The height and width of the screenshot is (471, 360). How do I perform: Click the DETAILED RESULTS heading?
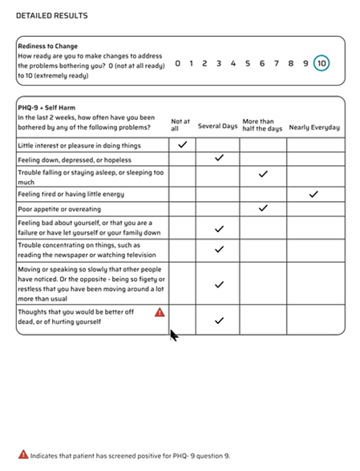tap(52, 16)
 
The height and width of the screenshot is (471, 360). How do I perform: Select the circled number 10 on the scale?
tap(322, 63)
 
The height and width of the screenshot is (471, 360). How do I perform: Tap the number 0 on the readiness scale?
tap(177, 63)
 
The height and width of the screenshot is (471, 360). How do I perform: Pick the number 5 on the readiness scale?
tap(248, 63)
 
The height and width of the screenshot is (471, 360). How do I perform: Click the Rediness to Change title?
tap(48, 46)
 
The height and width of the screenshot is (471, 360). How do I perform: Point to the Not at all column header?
tap(180, 126)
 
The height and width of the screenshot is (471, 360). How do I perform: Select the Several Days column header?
tap(218, 127)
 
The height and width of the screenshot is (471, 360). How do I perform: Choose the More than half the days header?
tap(262, 126)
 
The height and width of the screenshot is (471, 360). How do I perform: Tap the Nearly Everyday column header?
tap(314, 127)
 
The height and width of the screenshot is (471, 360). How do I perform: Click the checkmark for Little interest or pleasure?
tap(182, 145)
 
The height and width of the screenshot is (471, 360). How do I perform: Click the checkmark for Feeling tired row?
tap(313, 194)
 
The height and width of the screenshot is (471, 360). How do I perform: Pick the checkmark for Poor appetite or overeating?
tap(263, 208)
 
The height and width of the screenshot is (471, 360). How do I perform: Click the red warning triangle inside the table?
tap(160, 312)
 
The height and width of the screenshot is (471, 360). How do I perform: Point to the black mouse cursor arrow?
tap(173, 335)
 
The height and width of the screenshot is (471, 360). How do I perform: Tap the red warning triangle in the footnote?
tap(22, 454)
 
